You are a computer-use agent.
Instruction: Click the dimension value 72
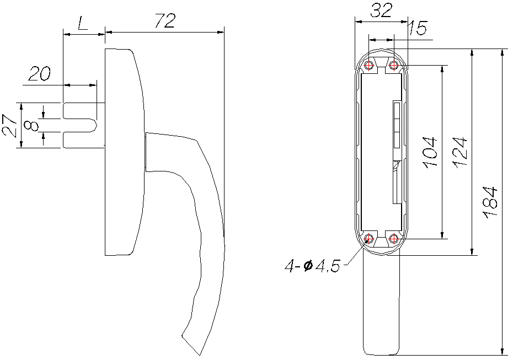(165, 20)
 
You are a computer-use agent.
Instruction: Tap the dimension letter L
(83, 24)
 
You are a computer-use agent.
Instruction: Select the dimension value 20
(40, 74)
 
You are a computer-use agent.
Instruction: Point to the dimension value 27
(10, 126)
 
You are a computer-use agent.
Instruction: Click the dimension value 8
(32, 126)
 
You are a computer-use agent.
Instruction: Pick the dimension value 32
(381, 11)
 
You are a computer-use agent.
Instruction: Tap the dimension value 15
(418, 29)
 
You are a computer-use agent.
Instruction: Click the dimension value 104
(430, 152)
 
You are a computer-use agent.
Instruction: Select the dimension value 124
(460, 152)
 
